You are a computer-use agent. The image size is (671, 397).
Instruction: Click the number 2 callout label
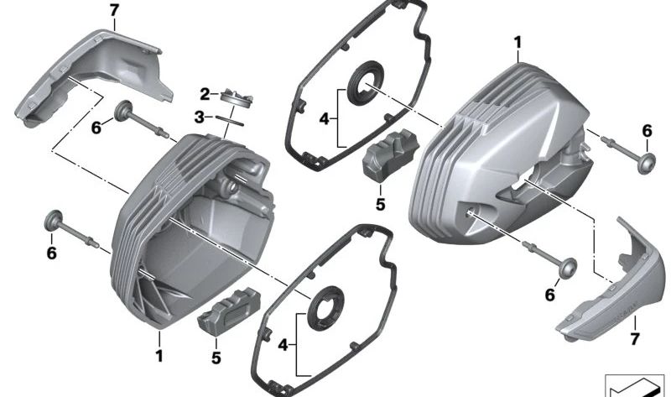[205, 92]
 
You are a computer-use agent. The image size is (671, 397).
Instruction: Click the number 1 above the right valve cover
[518, 40]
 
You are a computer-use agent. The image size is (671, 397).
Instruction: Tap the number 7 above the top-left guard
[115, 10]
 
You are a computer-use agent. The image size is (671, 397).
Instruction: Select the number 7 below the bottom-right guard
[634, 339]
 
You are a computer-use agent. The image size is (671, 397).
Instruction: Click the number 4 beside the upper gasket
[324, 118]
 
